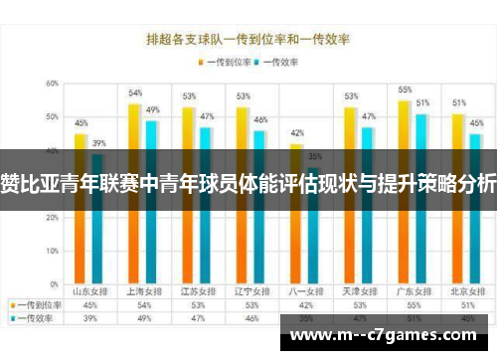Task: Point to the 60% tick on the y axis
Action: pyautogui.click(x=50, y=84)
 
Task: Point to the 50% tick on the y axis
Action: pyautogui.click(x=50, y=117)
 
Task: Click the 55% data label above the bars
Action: pyautogui.click(x=405, y=90)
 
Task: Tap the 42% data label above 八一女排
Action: pyautogui.click(x=296, y=133)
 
